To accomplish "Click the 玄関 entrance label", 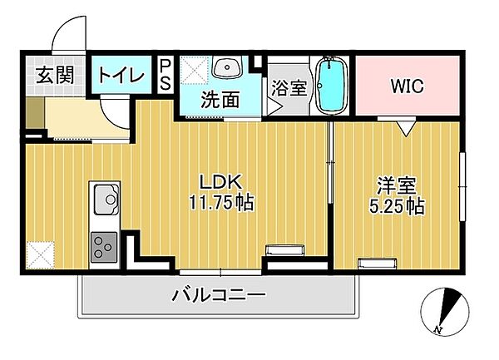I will [54, 74].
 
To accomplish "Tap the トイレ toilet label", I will [121, 74].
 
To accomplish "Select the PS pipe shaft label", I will [166, 74].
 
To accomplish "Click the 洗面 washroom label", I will [220, 101].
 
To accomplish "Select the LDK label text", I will [220, 182].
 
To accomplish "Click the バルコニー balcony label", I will [220, 293].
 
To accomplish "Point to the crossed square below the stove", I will [40, 253].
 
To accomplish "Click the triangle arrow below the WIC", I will [405, 127].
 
